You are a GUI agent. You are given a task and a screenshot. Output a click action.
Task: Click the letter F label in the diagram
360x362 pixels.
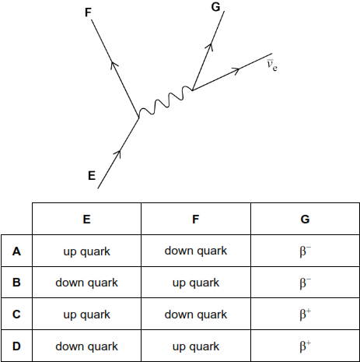(x=88, y=12)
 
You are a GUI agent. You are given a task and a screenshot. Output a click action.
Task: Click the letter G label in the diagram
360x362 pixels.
(x=215, y=7)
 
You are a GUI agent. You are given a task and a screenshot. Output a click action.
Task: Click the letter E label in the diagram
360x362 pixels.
(x=92, y=176)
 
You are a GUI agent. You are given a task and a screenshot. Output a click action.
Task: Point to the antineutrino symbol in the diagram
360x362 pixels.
(x=272, y=65)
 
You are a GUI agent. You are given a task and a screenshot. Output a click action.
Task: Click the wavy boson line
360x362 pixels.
(x=166, y=101)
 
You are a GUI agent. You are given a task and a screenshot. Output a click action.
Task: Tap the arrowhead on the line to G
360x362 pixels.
(x=209, y=47)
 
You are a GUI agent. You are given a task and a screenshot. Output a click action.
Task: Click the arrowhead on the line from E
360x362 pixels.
(x=118, y=153)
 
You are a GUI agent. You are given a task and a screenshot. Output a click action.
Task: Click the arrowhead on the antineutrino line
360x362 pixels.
(x=236, y=71)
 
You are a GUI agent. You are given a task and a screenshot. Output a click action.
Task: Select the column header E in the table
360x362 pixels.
(x=86, y=220)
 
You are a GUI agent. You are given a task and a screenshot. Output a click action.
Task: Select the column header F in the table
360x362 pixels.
(x=196, y=220)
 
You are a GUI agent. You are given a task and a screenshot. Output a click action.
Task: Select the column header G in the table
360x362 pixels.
(x=305, y=220)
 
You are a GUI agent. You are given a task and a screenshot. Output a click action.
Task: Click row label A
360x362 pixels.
(x=16, y=251)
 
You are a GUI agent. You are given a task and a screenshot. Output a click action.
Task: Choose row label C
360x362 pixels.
(x=16, y=315)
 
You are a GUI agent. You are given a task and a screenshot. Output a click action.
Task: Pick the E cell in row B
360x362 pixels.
(x=86, y=283)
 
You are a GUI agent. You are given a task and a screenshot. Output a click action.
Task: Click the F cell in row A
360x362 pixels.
(x=196, y=251)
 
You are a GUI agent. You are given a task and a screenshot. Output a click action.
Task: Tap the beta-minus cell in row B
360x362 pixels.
(x=305, y=283)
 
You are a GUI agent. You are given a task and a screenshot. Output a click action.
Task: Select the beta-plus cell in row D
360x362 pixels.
(x=305, y=346)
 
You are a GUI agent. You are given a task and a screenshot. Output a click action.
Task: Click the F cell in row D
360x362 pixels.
(x=196, y=346)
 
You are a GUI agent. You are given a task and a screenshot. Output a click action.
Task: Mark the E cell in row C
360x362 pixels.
(x=86, y=315)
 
